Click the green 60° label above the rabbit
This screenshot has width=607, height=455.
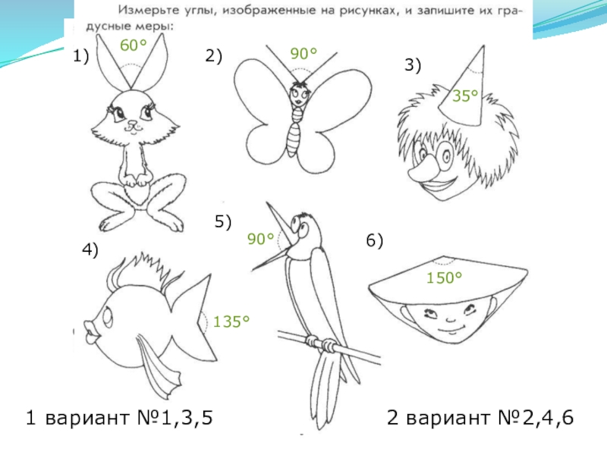click(x=134, y=45)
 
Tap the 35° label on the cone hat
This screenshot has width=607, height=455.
click(x=465, y=96)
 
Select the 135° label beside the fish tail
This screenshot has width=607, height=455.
click(x=231, y=322)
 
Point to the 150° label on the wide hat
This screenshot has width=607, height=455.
click(x=444, y=278)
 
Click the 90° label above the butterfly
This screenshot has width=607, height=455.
click(x=303, y=53)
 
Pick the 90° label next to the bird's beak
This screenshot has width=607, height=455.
click(x=260, y=239)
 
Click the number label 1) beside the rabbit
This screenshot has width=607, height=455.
click(x=81, y=56)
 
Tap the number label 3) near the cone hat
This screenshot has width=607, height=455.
click(x=413, y=64)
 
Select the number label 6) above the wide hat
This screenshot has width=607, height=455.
click(x=374, y=240)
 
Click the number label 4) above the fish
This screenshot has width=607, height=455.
click(x=90, y=249)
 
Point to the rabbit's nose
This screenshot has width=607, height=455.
click(x=132, y=124)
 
